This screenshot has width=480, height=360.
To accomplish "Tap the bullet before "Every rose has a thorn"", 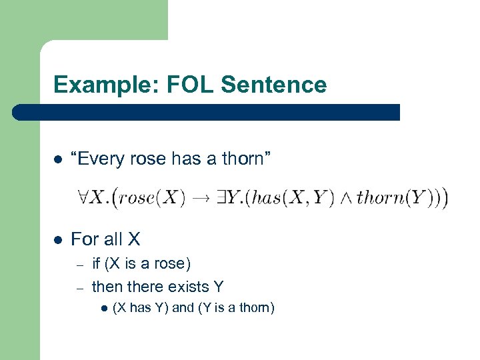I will coord(58,160).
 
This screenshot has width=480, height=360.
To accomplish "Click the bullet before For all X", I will coord(58,239).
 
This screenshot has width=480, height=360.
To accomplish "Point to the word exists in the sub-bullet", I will coord(187,287).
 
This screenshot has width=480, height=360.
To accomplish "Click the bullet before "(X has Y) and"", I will coord(103,308).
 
